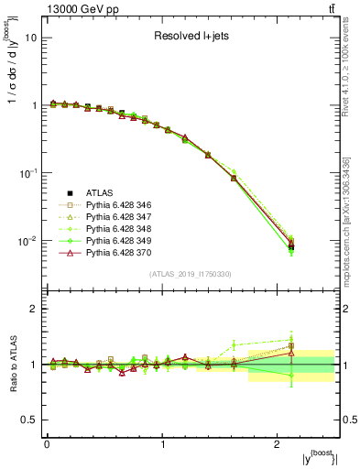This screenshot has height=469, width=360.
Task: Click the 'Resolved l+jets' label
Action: (x=193, y=37)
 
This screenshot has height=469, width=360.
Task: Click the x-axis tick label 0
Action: (x=47, y=444)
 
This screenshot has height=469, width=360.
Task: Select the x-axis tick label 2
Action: (x=278, y=444)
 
